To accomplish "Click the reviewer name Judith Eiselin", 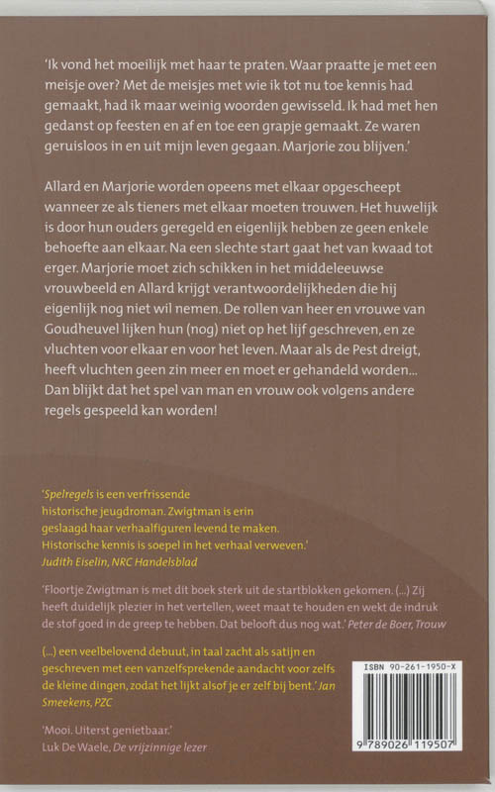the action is (84, 559).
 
